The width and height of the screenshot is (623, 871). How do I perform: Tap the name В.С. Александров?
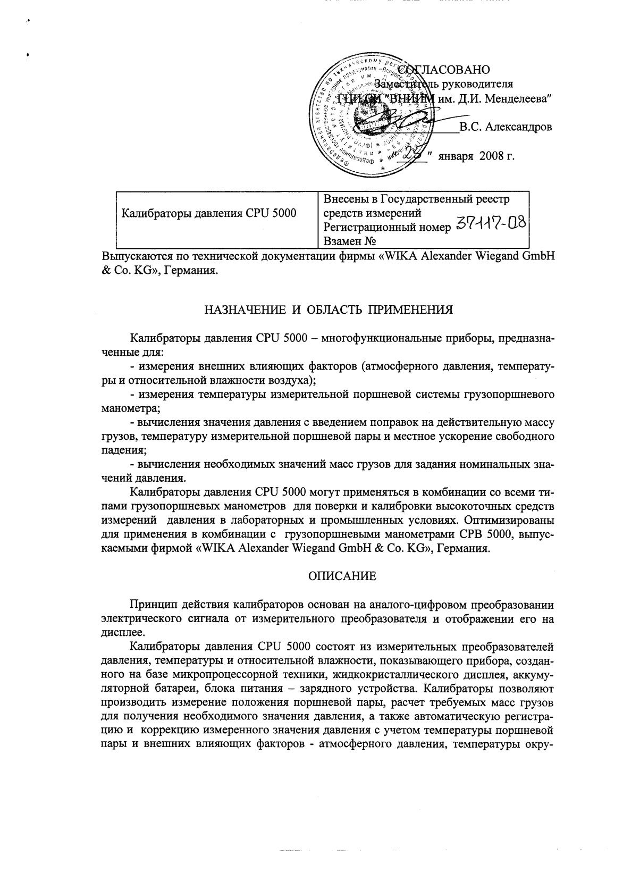coord(506,127)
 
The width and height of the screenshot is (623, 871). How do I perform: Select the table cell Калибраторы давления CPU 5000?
coord(209,214)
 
